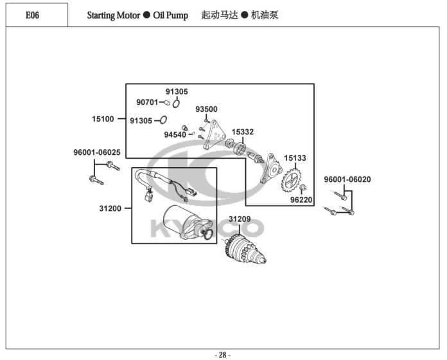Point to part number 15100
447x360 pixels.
tap(103, 118)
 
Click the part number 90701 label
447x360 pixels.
tap(146, 102)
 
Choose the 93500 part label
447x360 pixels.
tap(206, 109)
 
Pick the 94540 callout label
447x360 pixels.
tap(175, 134)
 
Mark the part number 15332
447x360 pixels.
tap(243, 132)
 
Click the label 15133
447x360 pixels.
tap(295, 157)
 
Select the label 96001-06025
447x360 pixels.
tap(96, 152)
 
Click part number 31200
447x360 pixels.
tap(111, 208)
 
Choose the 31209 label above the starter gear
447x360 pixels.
tap(240, 219)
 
